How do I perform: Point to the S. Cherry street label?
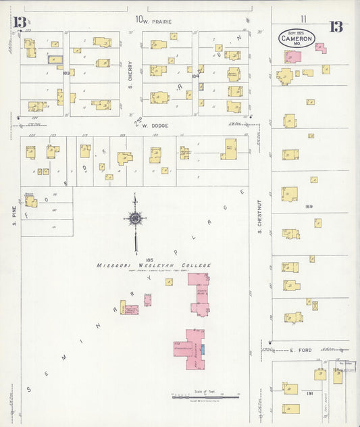130,76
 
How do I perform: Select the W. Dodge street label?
155,125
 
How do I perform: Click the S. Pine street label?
13,214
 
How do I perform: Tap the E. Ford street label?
299,350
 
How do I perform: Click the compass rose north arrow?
135,218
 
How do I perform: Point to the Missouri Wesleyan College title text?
153,266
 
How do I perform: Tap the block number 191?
310,393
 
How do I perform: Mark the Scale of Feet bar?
199,396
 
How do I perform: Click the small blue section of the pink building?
202,350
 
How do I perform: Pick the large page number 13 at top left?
20,23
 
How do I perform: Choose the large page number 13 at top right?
336,27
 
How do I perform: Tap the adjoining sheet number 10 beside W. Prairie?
138,20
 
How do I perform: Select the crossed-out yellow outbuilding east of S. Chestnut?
315,305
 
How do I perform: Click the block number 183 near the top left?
66,72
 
